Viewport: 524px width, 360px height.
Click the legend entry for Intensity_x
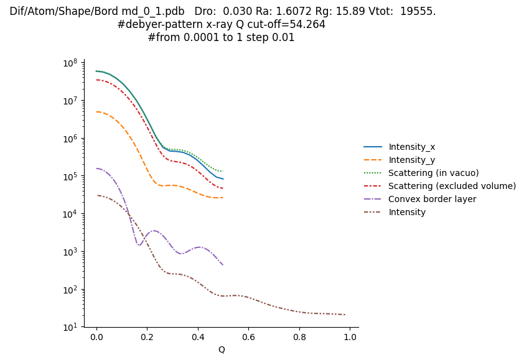pos(411,147)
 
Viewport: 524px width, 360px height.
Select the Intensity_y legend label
pos(411,160)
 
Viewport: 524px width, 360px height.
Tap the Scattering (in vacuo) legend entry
pos(433,173)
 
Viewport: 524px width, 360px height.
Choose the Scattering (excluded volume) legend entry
pos(452,186)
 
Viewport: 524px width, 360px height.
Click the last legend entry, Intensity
pos(407,212)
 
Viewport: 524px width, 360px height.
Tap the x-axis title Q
pos(222,349)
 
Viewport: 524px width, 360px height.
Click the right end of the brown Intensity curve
pos(345,315)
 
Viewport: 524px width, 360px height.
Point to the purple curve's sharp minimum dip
pos(138,245)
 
